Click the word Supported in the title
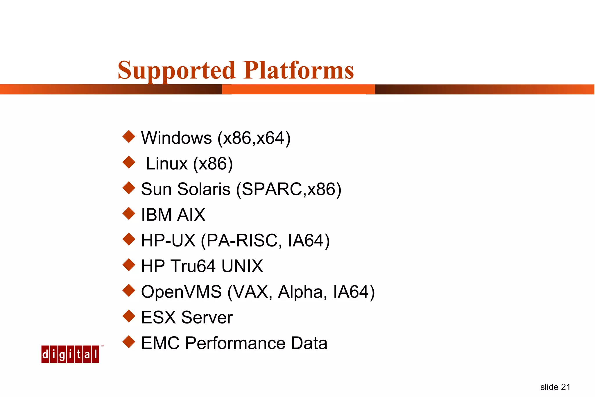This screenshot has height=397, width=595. (176, 71)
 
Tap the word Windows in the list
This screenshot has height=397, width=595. (176, 138)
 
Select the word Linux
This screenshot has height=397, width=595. (166, 164)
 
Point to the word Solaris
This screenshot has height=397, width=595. (204, 189)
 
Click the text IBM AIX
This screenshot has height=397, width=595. (173, 215)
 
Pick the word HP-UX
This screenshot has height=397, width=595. (168, 241)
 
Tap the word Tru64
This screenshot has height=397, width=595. (193, 266)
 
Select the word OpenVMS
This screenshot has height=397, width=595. (181, 292)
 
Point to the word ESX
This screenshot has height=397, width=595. (158, 317)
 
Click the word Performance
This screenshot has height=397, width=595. (235, 343)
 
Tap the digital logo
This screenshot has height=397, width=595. (70, 354)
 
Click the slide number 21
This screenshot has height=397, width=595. (565, 387)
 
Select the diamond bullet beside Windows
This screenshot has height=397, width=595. (129, 137)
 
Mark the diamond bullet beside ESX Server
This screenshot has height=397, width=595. (129, 316)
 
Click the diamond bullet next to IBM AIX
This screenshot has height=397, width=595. (129, 214)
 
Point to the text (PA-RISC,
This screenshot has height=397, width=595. (241, 241)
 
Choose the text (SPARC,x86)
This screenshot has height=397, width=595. (289, 189)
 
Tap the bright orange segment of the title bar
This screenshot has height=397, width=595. (298, 90)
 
